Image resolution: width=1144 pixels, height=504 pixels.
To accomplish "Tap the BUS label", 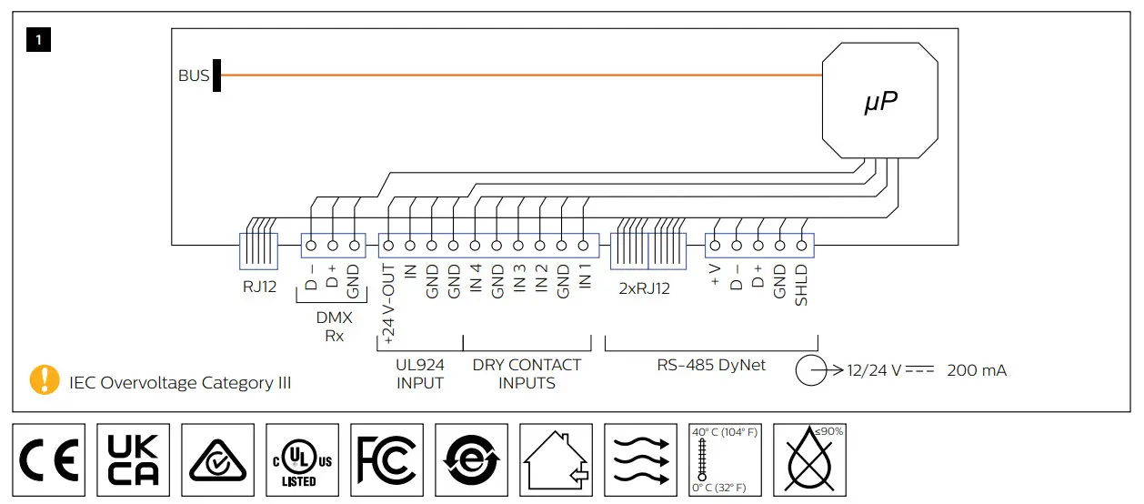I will [x=194, y=76].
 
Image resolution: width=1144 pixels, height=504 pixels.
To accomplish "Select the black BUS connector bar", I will [x=217, y=76].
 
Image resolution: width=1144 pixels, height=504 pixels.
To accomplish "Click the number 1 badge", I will [x=40, y=40].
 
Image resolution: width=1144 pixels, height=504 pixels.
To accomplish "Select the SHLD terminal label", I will [x=801, y=284].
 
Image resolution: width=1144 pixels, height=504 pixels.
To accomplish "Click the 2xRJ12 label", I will [x=644, y=288].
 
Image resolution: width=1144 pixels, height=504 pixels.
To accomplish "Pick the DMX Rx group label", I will [x=335, y=327].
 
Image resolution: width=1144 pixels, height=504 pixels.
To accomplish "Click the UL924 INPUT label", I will [x=419, y=374].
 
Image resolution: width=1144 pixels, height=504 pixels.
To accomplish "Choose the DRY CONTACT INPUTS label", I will [x=527, y=374].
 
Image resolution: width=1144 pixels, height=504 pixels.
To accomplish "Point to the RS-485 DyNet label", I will [x=711, y=365].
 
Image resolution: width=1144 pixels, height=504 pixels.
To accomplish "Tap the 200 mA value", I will [x=977, y=371].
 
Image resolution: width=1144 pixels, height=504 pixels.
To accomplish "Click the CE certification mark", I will [x=49, y=459].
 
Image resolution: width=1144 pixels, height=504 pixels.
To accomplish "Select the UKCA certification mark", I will [x=133, y=459].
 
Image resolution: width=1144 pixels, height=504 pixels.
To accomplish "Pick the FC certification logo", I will [x=386, y=459].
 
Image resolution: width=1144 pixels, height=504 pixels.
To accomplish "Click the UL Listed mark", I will [x=302, y=459].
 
